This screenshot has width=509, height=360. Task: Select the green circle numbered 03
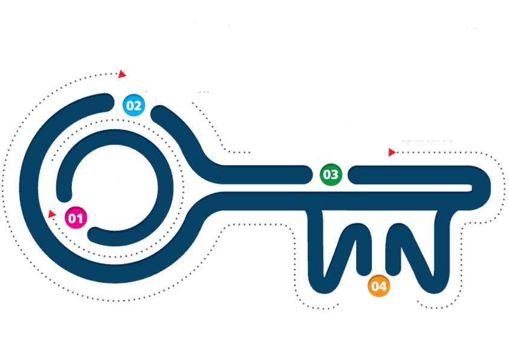coord(331,175)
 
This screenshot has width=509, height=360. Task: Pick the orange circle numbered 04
coord(378,286)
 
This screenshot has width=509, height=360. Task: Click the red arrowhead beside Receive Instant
coord(122,74)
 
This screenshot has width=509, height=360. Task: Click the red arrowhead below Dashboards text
coord(392,153)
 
